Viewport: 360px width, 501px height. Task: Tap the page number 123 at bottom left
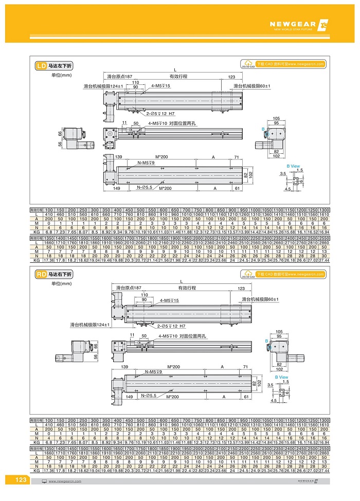click(21, 480)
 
